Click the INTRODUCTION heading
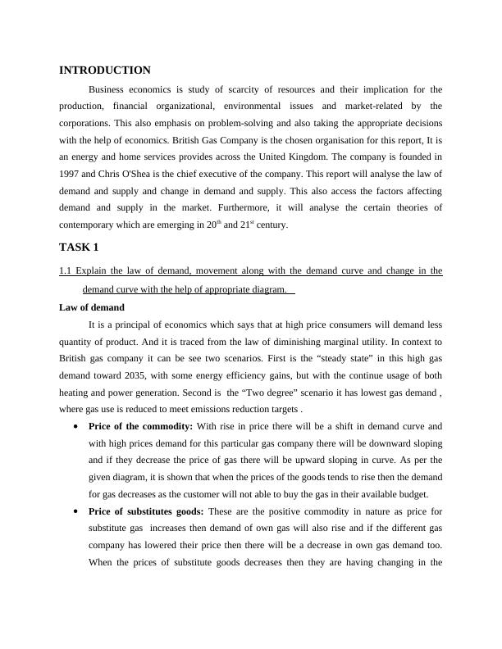(x=105, y=70)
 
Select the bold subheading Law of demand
(x=92, y=307)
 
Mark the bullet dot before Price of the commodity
(x=76, y=426)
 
